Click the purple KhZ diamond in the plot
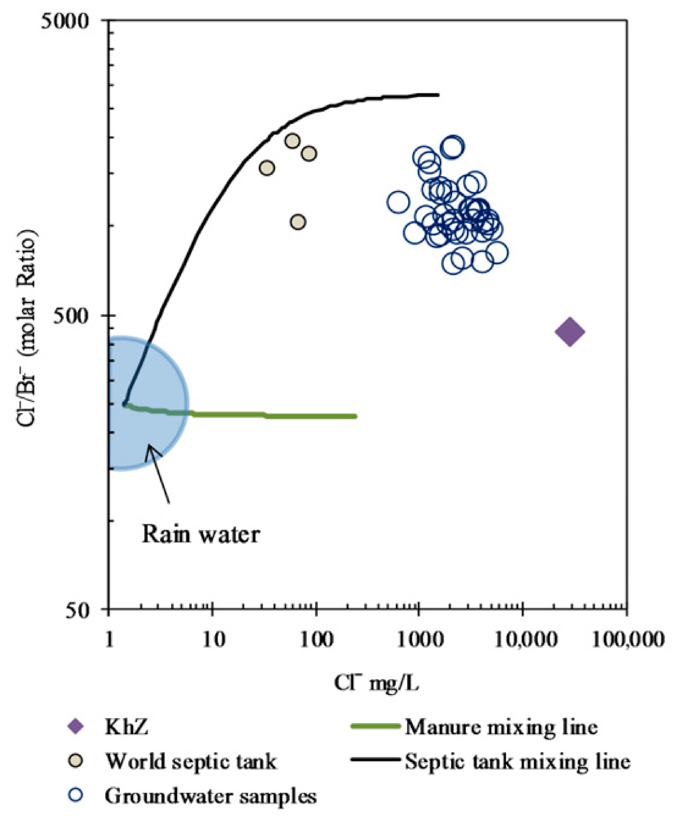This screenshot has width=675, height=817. tap(570, 332)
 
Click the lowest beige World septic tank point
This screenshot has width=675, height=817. tap(298, 222)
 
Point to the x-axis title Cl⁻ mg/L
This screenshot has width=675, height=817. tap(376, 683)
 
